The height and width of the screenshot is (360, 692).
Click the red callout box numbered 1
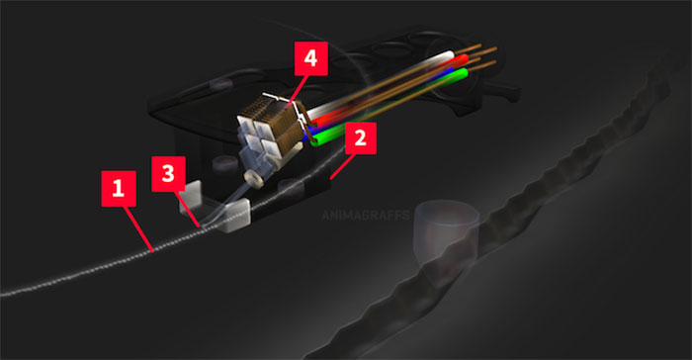119,189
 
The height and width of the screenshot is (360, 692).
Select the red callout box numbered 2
360,138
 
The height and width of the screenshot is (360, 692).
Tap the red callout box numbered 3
168,174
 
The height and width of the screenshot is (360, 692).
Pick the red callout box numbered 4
311,58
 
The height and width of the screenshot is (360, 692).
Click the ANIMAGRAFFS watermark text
366,216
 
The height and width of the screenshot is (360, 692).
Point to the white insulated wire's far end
450,54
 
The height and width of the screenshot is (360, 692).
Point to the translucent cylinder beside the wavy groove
446,229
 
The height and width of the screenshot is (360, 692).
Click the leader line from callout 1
138,228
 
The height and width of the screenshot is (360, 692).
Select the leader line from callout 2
342,166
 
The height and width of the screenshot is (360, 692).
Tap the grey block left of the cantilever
190,197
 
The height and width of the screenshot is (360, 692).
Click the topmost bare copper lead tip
479,45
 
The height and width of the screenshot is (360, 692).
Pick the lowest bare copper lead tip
494,62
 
